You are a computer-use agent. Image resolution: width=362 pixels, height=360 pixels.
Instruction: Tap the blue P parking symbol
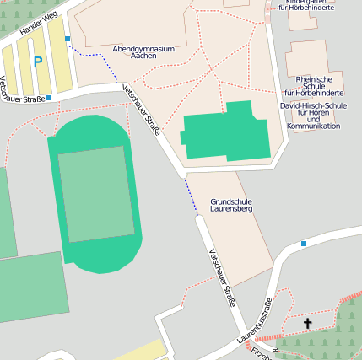tap(37, 61)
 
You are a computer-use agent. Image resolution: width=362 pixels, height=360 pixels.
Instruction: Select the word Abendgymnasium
tap(143, 49)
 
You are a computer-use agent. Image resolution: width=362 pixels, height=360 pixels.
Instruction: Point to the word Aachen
tap(143, 56)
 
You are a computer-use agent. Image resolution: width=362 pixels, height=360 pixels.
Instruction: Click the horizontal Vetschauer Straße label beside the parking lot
tap(22, 99)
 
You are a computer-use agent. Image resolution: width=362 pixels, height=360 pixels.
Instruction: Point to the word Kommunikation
tap(313, 126)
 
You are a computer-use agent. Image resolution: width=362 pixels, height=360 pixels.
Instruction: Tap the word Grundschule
tap(231, 201)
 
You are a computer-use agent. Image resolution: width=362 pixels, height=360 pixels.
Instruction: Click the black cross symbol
tap(307, 323)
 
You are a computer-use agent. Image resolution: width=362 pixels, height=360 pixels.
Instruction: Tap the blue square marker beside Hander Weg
tap(68, 38)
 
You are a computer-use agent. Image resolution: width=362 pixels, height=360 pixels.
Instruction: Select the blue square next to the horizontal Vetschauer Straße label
tap(49, 99)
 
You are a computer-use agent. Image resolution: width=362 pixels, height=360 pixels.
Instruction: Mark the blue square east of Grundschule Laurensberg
tap(303, 244)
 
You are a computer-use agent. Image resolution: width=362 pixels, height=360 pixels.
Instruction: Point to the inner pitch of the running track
tap(95, 193)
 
